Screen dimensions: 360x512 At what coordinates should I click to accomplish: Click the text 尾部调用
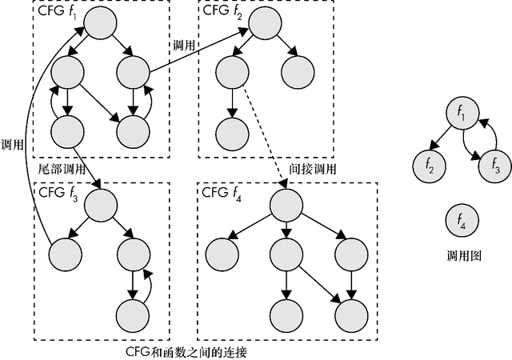click(x=62, y=170)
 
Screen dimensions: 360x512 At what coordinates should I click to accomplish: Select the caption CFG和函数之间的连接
click(x=192, y=351)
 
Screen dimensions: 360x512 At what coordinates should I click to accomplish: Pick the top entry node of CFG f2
click(x=264, y=23)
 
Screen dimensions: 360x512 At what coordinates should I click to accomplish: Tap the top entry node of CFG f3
click(x=99, y=206)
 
